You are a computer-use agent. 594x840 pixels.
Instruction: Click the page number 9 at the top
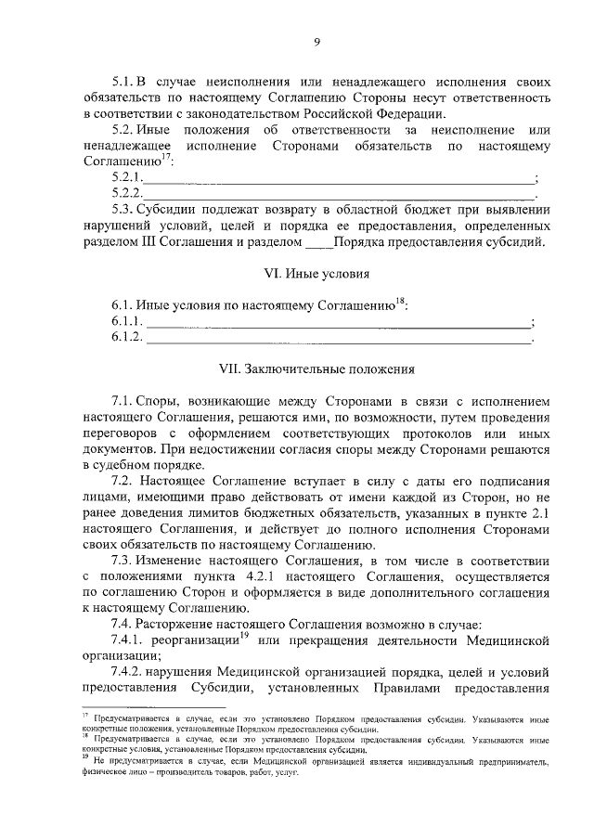[316, 42]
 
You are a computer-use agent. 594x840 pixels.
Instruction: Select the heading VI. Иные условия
[316, 274]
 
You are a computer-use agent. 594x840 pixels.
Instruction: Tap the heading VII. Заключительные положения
[316, 368]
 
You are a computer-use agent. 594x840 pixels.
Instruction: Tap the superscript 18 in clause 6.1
[400, 300]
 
